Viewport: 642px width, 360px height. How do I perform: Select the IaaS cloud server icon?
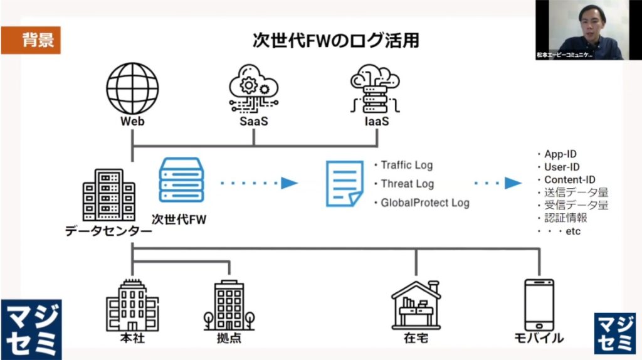(375, 90)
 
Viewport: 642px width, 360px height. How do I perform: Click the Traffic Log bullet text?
(406, 166)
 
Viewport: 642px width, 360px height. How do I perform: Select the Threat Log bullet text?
(407, 184)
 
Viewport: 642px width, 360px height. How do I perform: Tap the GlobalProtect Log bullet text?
(424, 203)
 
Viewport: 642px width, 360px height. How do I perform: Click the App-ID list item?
(560, 154)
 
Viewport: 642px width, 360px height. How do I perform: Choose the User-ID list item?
(562, 167)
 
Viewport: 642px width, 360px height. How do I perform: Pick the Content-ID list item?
(569, 180)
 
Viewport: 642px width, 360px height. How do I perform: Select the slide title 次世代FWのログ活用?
(335, 41)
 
